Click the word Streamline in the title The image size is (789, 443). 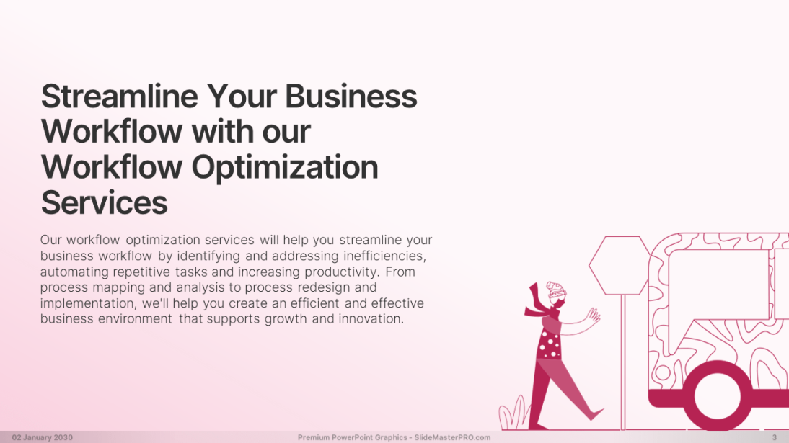click(x=120, y=96)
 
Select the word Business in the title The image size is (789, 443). click(x=351, y=96)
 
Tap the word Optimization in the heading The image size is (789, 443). click(x=285, y=168)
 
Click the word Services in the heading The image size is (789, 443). click(x=104, y=202)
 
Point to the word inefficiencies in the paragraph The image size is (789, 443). click(x=384, y=256)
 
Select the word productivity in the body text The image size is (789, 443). click(x=341, y=272)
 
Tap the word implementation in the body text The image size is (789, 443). click(x=88, y=303)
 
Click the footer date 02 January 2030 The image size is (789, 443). click(x=43, y=437)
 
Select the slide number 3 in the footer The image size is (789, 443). click(x=775, y=437)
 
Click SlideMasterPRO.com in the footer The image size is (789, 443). click(x=452, y=437)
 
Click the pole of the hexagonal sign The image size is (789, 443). click(x=623, y=362)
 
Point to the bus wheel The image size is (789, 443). click(x=717, y=396)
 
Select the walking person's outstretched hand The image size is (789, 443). click(x=594, y=316)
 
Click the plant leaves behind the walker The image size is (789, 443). click(x=513, y=415)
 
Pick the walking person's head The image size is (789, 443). click(x=557, y=293)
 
